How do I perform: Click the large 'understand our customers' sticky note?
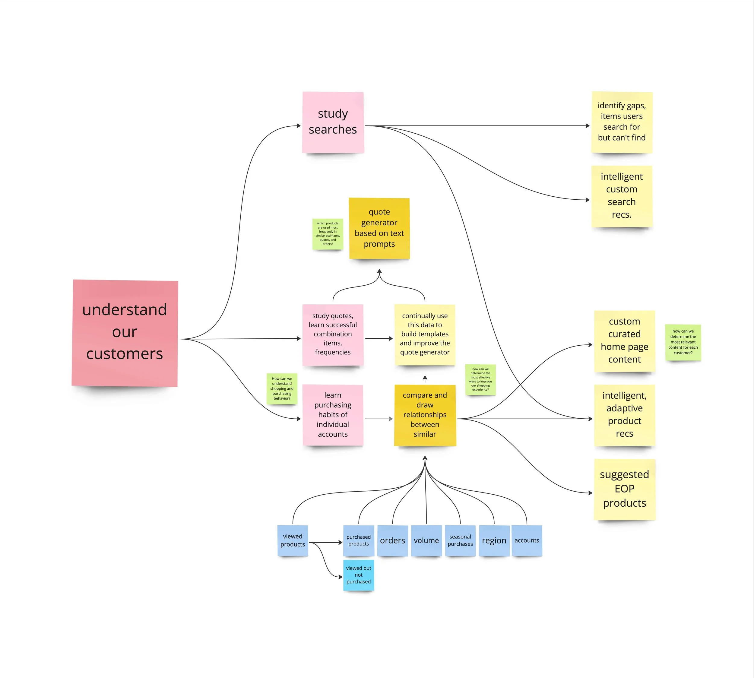pos(125,333)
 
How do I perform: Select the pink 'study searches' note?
pos(333,122)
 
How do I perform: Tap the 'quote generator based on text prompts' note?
pos(379,228)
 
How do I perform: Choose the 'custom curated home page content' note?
pos(624,341)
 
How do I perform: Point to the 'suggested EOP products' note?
pos(624,489)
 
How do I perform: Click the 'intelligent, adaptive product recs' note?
pos(624,415)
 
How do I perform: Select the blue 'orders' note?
pos(392,540)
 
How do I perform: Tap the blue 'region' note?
pos(494,540)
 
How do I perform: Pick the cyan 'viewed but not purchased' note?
pos(358,575)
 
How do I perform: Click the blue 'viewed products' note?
pos(293,540)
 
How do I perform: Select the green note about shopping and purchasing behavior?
pos(282,388)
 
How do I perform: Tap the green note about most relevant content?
pos(683,342)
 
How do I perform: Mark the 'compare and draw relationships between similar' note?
pos(425,415)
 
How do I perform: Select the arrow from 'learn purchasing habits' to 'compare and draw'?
pos(379,419)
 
